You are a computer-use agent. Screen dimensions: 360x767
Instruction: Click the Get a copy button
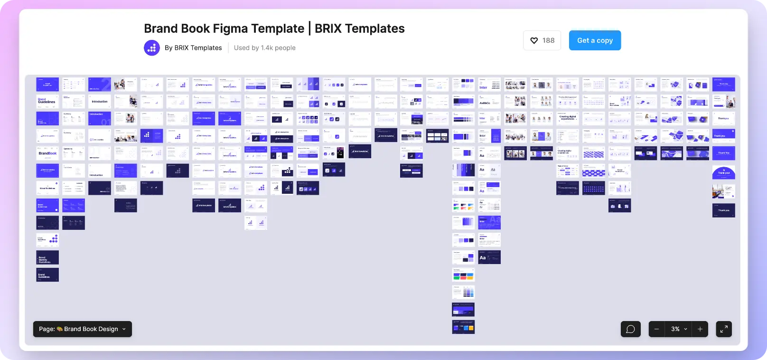tap(595, 40)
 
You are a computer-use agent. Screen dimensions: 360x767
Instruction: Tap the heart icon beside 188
tap(534, 41)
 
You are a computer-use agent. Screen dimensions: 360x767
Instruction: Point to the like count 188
tap(548, 41)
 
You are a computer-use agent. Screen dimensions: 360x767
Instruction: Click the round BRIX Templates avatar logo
tap(152, 48)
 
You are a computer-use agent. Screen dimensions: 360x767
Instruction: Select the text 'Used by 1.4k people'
tap(264, 48)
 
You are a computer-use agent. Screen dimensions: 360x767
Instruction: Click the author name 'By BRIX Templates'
tap(193, 48)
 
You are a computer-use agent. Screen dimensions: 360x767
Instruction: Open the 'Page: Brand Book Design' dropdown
tap(83, 329)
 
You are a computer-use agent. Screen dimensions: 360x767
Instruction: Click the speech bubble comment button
tap(630, 329)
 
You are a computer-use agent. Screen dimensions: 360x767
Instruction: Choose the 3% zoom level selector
tap(678, 329)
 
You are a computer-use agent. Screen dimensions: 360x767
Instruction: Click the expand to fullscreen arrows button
tap(724, 329)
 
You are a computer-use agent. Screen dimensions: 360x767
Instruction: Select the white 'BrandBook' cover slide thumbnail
tap(47, 153)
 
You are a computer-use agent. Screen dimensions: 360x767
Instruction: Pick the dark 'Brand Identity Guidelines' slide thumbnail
tap(47, 257)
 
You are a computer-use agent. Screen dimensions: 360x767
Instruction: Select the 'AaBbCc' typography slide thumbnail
tap(489, 102)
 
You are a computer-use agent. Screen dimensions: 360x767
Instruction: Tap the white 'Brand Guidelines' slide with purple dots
tap(47, 240)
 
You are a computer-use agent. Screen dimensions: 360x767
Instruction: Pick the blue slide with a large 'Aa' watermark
tap(489, 222)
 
